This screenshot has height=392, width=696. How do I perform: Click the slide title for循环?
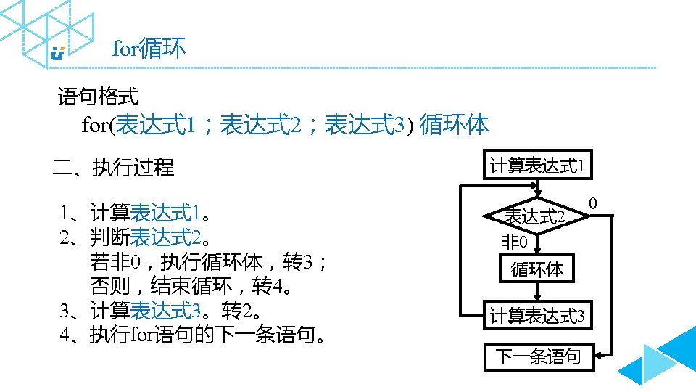149,49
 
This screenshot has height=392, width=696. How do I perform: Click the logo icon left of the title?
58,53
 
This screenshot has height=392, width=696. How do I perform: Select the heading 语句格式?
98,96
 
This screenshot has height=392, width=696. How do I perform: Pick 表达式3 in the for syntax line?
365,125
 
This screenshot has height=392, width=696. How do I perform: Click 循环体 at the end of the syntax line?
455,125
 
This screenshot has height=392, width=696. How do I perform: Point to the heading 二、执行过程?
114,168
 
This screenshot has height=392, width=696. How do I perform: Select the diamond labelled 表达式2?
535,216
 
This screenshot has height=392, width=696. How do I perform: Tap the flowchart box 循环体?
536,269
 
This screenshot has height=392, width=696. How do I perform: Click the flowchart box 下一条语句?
538,356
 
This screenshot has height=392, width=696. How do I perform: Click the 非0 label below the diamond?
514,242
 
